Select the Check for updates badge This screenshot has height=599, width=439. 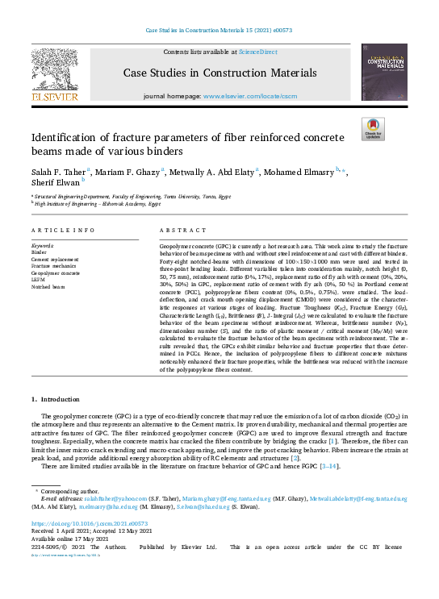[372, 128]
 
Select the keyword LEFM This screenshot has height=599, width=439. [38, 280]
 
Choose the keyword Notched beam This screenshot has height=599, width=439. [48, 286]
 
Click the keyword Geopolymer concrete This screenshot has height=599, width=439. [55, 273]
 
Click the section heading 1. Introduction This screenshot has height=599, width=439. [55, 399]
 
